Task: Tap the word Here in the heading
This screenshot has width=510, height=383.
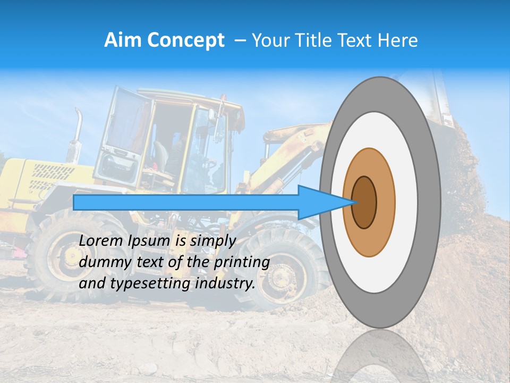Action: pos(397,40)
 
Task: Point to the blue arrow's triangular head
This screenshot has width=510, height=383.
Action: pos(324,202)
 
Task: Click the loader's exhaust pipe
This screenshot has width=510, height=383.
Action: pos(77,133)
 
